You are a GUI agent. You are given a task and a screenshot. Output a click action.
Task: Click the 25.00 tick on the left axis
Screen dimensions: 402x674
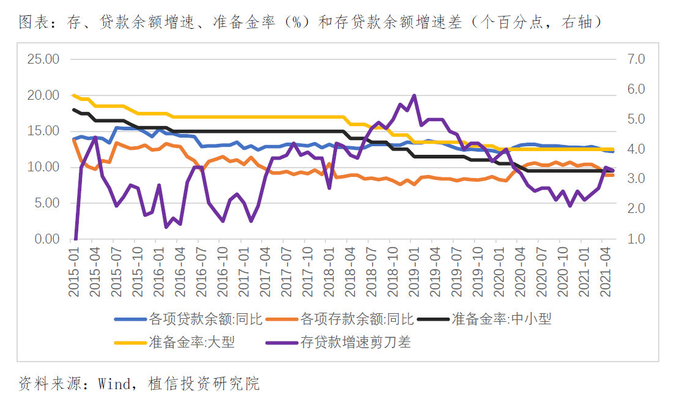[x=43, y=59]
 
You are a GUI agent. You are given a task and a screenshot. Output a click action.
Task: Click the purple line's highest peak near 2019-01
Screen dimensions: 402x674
[x=414, y=95]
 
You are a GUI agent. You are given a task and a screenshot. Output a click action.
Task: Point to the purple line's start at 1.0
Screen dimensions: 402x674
[x=75, y=239]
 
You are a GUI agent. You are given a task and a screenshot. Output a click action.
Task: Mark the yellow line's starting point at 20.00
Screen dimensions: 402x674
[x=74, y=95]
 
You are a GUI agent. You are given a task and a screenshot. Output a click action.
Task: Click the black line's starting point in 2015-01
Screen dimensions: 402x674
[x=74, y=110]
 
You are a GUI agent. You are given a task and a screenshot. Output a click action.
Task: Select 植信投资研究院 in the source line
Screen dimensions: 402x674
[x=204, y=384]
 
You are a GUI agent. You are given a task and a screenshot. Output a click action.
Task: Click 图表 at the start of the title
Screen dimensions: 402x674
[x=31, y=23]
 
